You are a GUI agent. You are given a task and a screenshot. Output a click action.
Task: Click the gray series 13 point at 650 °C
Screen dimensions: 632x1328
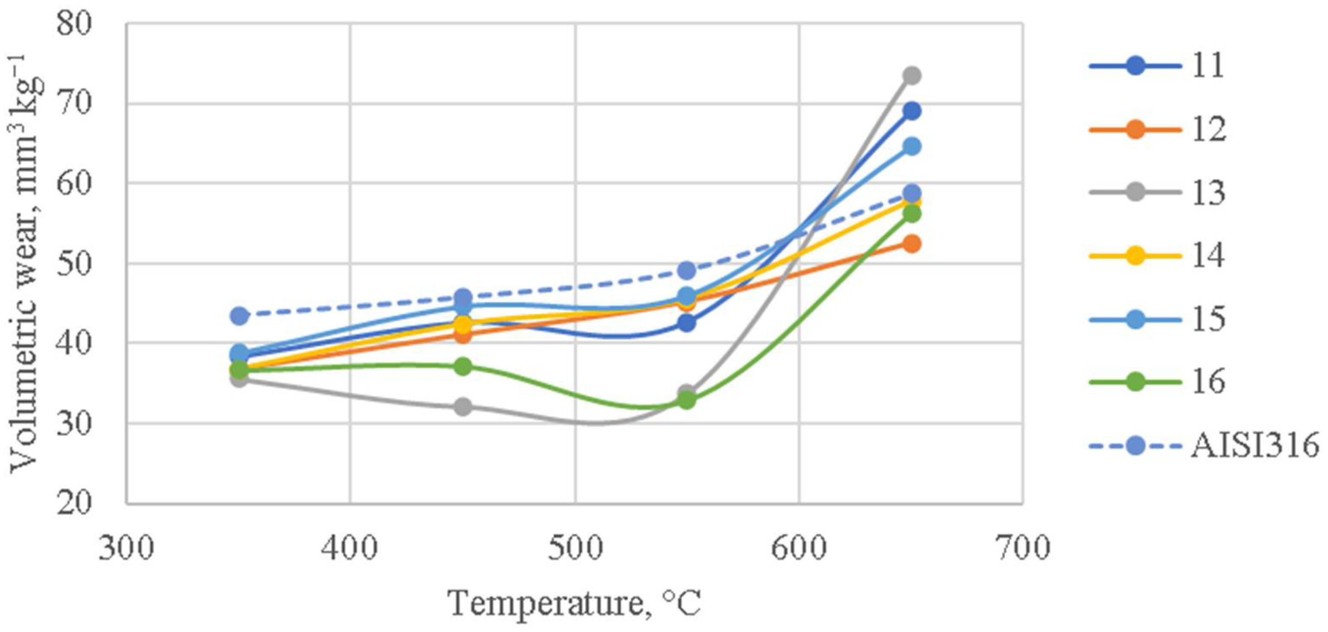click(x=912, y=76)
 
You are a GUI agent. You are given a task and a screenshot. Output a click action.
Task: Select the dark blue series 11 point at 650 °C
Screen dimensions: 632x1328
click(x=912, y=111)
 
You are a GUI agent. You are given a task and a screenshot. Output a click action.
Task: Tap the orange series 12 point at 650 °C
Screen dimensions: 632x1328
click(x=912, y=244)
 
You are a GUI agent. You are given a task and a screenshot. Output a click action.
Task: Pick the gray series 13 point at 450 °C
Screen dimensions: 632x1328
click(x=463, y=407)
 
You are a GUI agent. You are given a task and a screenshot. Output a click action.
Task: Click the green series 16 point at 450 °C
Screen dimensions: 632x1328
click(x=463, y=367)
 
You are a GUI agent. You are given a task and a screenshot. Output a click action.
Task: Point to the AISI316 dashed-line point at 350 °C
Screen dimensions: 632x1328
click(x=239, y=316)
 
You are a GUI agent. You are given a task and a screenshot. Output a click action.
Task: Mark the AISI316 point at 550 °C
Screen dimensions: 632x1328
click(x=687, y=270)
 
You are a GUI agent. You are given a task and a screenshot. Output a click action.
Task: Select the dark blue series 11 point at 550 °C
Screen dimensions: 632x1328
click(x=687, y=323)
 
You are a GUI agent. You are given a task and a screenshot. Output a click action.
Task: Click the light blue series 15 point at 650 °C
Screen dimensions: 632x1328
click(x=912, y=146)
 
